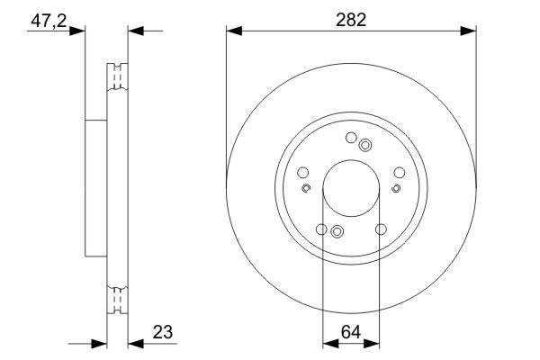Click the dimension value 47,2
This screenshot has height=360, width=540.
pyautogui.click(x=49, y=22)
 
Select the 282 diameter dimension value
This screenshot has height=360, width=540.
pyautogui.click(x=351, y=21)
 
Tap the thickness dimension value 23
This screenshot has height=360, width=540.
pyautogui.click(x=163, y=332)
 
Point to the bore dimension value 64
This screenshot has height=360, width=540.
pyautogui.click(x=351, y=332)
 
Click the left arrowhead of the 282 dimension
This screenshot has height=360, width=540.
pyautogui.click(x=234, y=31)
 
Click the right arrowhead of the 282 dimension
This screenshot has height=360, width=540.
pyautogui.click(x=468, y=31)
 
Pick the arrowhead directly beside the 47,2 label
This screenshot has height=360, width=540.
pyautogui.click(x=76, y=31)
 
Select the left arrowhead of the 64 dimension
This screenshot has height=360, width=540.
pyautogui.click(x=330, y=344)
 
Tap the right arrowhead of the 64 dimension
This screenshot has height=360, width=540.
pyautogui.click(x=371, y=344)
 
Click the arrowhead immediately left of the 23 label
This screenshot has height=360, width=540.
pyautogui.click(x=136, y=344)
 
